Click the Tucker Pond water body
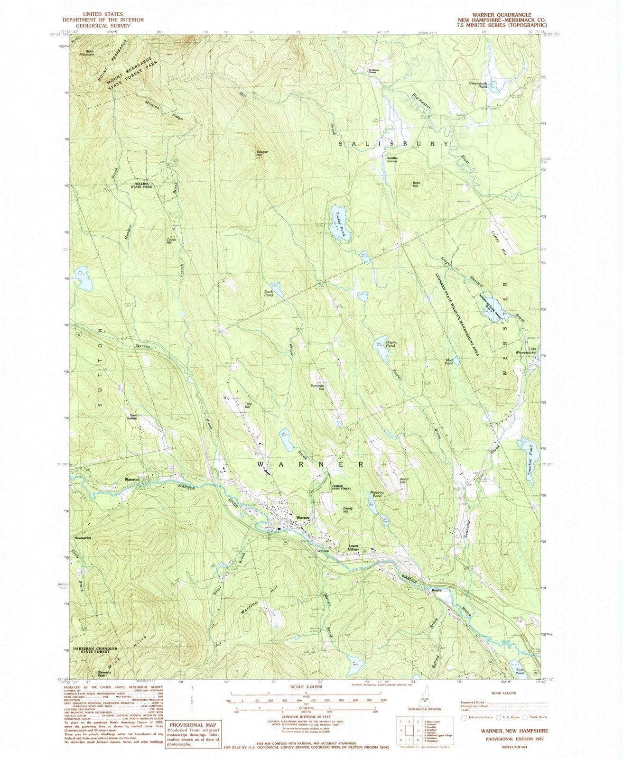(x=343, y=224)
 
